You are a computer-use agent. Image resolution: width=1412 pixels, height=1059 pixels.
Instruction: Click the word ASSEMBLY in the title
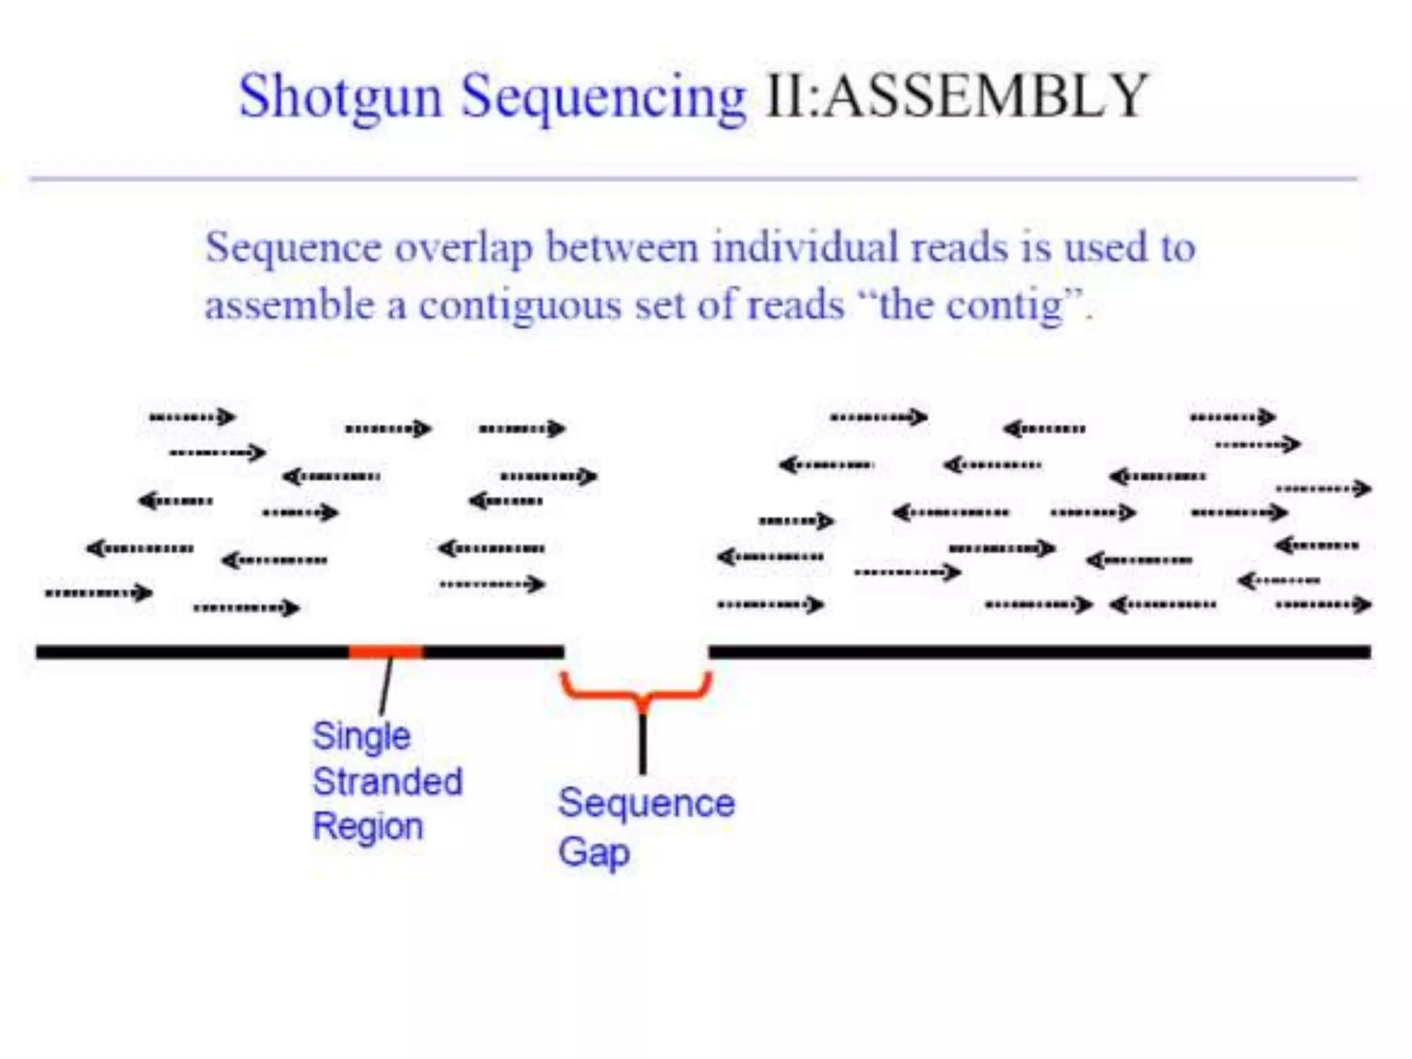click(986, 97)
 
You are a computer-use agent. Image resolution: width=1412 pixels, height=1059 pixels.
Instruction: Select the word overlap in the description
click(463, 248)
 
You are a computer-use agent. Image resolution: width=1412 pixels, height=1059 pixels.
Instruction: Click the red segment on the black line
click(386, 652)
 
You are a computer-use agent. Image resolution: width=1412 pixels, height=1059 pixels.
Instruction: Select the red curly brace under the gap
click(636, 690)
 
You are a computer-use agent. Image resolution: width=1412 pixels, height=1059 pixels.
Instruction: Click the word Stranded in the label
click(387, 782)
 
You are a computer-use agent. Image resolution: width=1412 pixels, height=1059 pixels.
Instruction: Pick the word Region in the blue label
click(367, 827)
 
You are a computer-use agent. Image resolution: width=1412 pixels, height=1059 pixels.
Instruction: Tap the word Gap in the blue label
click(594, 853)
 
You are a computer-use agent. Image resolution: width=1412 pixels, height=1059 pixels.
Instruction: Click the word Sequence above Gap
click(646, 803)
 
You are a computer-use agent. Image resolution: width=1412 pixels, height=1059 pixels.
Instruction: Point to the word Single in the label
click(361, 736)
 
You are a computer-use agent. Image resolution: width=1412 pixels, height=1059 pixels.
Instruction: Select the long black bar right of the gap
click(1039, 652)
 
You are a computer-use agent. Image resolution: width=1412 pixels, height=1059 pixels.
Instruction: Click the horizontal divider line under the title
click(693, 179)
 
